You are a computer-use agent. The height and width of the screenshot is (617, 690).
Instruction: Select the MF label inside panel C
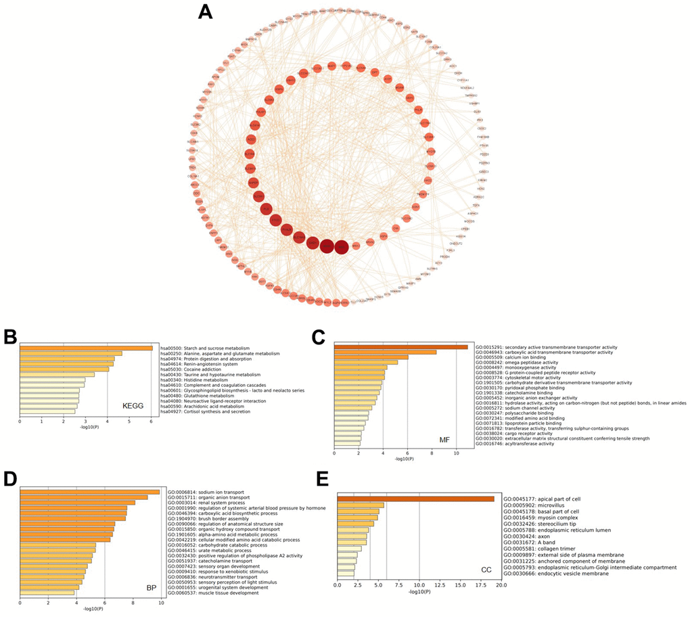444,440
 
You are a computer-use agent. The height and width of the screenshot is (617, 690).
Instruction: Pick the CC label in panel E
486,570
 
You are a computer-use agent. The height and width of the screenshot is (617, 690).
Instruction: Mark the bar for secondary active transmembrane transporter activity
401,347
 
